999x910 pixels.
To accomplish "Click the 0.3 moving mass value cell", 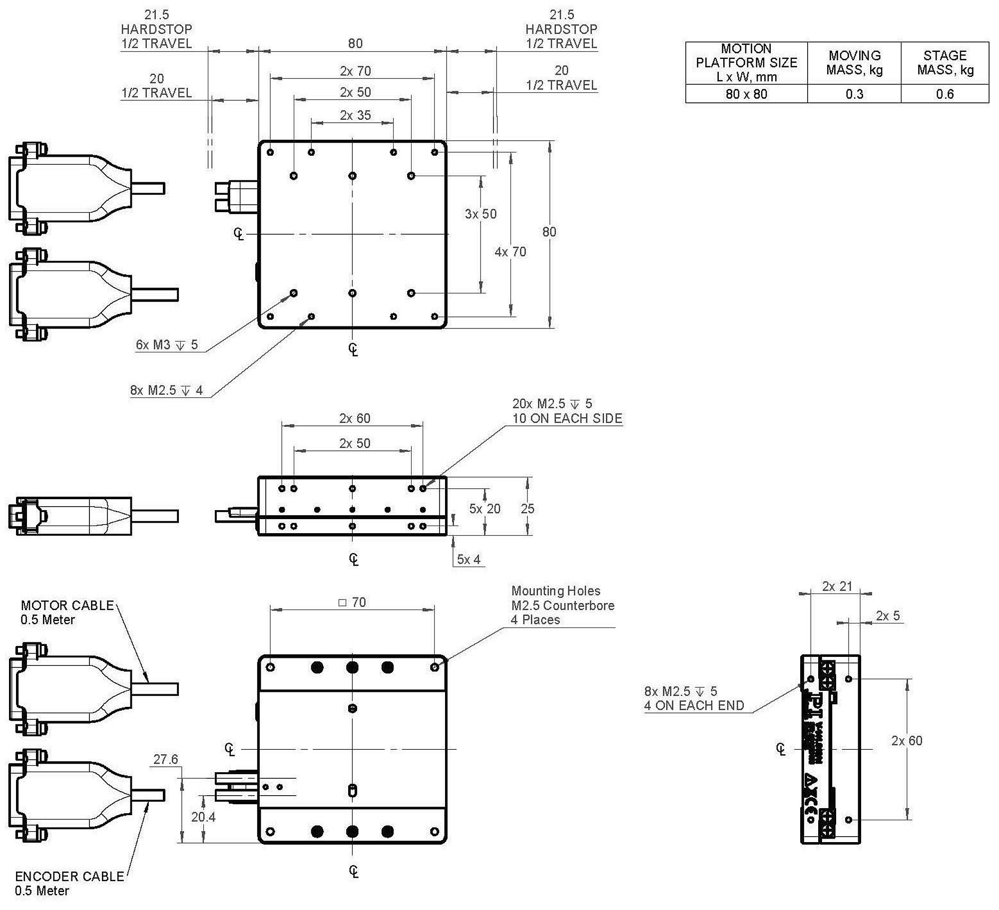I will pos(854,94).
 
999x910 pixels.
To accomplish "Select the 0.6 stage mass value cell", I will pos(945,94).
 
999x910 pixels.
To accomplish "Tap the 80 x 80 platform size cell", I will pos(746,94).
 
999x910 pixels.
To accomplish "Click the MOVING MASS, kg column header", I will pos(854,62).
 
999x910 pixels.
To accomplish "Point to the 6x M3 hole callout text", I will pos(167,344).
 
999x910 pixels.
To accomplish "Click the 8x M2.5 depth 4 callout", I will pos(166,390).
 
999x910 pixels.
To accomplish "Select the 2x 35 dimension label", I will pos(355,115).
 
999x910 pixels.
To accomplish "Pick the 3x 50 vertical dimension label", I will pos(481,214).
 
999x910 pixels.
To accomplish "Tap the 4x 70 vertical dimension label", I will pos(510,252).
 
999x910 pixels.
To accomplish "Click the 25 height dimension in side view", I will pos(527,509).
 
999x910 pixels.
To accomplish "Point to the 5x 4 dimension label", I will pos(469,560).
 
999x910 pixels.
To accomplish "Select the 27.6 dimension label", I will pos(165,759).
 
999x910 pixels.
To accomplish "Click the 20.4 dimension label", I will pos(203,817).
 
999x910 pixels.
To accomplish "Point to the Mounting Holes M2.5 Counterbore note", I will pos(562,605).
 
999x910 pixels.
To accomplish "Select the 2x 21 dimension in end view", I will pos(837,586).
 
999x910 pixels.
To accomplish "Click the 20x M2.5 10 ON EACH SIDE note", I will pos(567,411).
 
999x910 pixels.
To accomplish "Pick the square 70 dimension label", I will pos(352,603).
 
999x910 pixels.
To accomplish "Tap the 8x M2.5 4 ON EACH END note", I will pos(694,698).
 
